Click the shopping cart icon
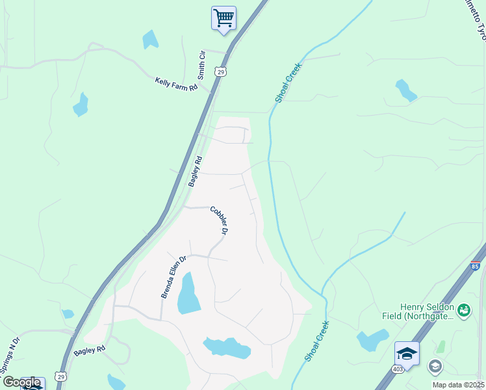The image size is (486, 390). click(x=224, y=18)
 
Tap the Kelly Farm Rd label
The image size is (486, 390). click(x=175, y=84)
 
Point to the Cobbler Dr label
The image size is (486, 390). click(x=220, y=220)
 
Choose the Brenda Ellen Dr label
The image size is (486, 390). click(x=173, y=276)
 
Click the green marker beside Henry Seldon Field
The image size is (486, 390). click(x=464, y=311)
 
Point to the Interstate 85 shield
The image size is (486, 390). click(x=476, y=266)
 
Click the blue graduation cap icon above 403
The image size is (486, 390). click(x=407, y=353)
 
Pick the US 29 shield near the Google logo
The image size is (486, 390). click(x=60, y=376)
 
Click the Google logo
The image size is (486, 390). click(x=21, y=382)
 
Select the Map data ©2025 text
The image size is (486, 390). click(x=458, y=385)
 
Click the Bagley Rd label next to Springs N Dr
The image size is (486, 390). click(x=89, y=350)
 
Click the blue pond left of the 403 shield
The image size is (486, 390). click(x=372, y=340)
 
